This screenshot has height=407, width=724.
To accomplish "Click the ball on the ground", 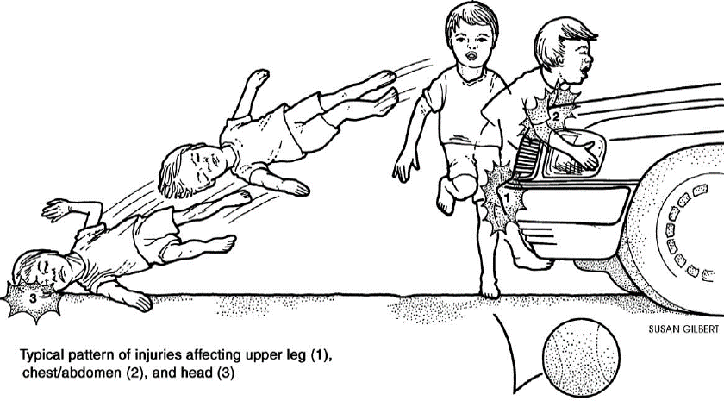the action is [580, 357].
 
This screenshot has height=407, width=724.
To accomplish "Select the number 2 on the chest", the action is [556, 116].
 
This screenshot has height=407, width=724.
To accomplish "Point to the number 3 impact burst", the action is [33, 298].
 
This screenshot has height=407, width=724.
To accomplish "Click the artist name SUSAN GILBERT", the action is [683, 329].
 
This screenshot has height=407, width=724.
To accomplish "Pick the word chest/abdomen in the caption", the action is [72, 373].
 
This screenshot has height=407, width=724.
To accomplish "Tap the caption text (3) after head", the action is [225, 373].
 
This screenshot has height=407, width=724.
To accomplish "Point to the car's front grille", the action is [527, 157].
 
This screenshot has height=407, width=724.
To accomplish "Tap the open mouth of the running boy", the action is [471, 56].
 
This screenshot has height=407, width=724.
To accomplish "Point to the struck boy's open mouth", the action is [584, 71].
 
